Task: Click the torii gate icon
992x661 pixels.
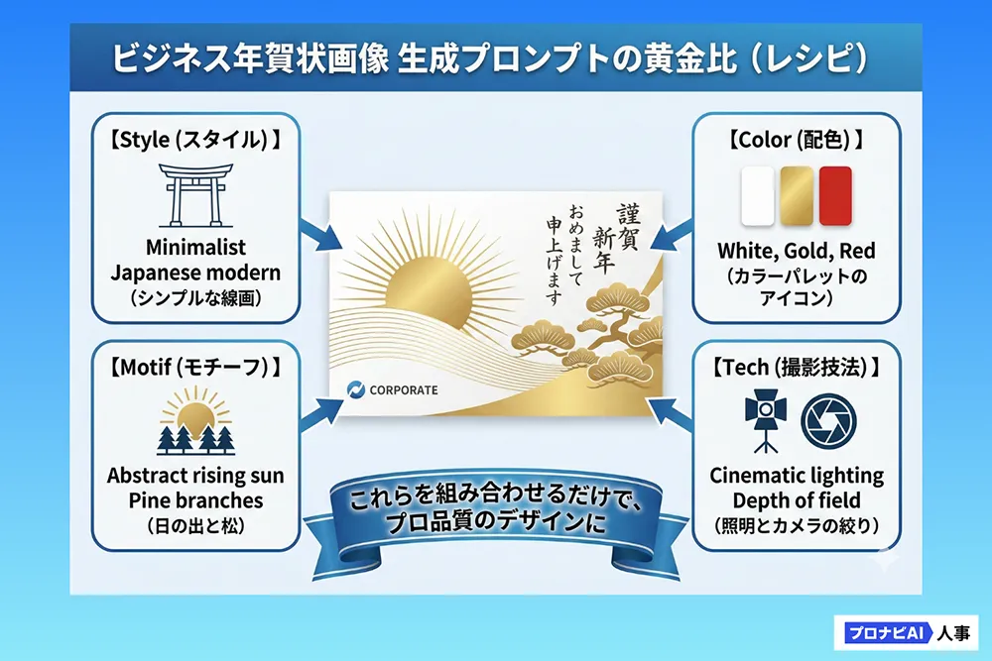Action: pyautogui.click(x=196, y=195)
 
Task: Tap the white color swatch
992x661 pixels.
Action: pyautogui.click(x=758, y=196)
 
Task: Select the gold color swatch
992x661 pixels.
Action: pyautogui.click(x=797, y=196)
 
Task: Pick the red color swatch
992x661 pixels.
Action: pyautogui.click(x=835, y=196)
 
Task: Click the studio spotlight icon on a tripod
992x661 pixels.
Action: pyautogui.click(x=766, y=420)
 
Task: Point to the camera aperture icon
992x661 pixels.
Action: pyautogui.click(x=828, y=421)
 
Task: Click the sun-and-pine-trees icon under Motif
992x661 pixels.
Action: pyautogui.click(x=196, y=420)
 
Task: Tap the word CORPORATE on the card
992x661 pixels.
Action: pyautogui.click(x=404, y=390)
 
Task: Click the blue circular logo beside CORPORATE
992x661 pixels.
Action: pyautogui.click(x=356, y=389)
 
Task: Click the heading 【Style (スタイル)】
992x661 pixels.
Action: pyautogui.click(x=195, y=140)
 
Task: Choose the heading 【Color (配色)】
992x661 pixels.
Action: pyautogui.click(x=797, y=140)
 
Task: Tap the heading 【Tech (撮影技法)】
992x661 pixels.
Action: pyautogui.click(x=797, y=367)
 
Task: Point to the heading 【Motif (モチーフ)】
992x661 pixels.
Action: pyautogui.click(x=195, y=367)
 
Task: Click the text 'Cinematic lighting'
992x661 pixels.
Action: pyautogui.click(x=797, y=476)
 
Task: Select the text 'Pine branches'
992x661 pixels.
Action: pyautogui.click(x=195, y=500)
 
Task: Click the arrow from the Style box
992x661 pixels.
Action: pyautogui.click(x=320, y=235)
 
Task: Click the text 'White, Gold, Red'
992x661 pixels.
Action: pyautogui.click(x=797, y=251)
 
